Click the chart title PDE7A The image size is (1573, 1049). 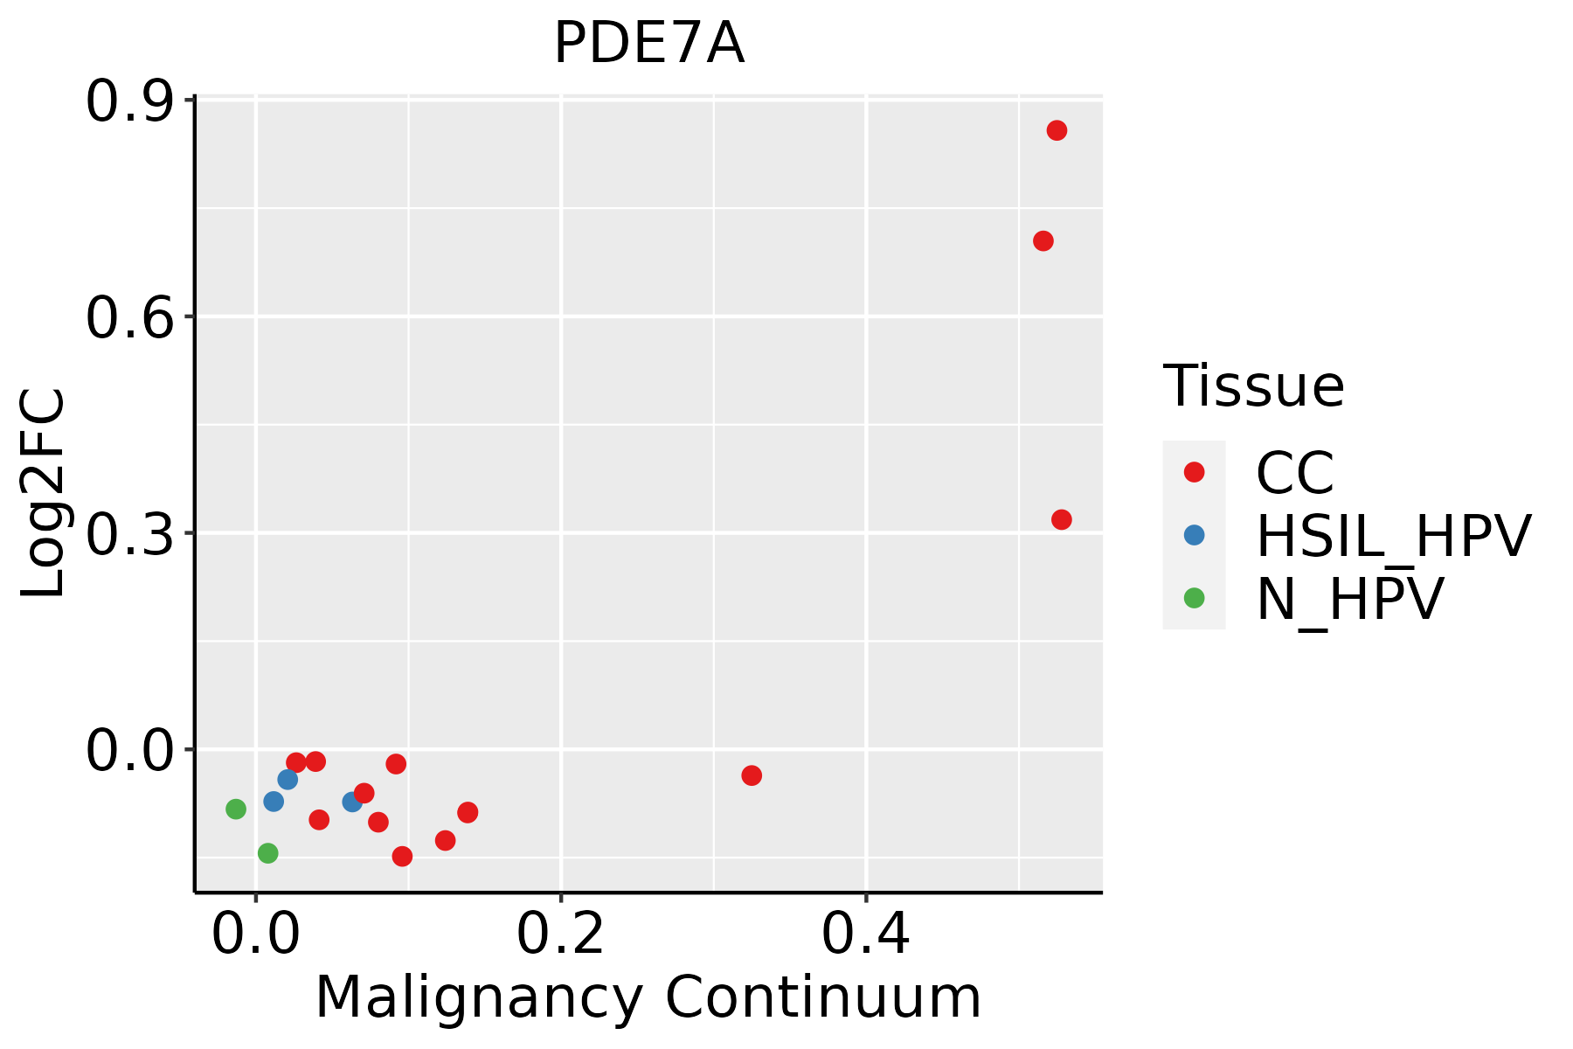[x=648, y=44]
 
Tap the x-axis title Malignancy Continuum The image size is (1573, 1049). [x=648, y=998]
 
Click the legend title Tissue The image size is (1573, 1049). [x=1253, y=386]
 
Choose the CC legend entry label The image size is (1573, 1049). [x=1294, y=473]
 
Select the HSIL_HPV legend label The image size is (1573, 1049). [x=1393, y=536]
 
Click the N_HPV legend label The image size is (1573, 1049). [x=1349, y=599]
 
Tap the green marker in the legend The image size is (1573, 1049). [x=1194, y=598]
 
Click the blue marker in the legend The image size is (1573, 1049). [x=1194, y=535]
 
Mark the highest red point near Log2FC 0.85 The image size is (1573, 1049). [x=1057, y=131]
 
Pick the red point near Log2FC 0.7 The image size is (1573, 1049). [x=1043, y=241]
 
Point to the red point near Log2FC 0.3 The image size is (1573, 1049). [x=1062, y=520]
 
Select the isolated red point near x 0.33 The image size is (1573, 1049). [x=752, y=775]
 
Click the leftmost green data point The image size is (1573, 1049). [x=236, y=809]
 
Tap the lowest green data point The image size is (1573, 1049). [x=268, y=853]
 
